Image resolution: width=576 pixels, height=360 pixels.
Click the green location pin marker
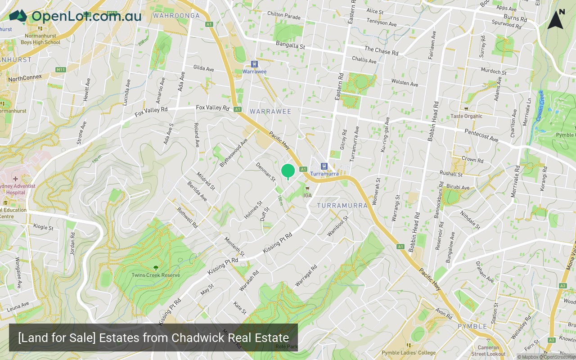(288, 171)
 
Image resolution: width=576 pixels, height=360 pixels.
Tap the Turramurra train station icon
(324, 166)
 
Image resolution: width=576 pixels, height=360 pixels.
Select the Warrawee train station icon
(254, 64)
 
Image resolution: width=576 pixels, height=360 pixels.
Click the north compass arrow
(556, 20)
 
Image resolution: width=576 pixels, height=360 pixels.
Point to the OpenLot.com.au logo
(75, 16)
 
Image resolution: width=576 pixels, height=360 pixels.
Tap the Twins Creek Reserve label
(156, 275)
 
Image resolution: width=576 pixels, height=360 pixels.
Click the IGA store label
(307, 195)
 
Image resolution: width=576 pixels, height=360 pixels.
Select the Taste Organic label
(466, 116)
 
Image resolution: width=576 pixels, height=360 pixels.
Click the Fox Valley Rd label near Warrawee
(212, 108)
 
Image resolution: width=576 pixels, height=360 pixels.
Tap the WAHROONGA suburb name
(176, 16)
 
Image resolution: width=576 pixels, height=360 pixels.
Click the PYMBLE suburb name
(472, 326)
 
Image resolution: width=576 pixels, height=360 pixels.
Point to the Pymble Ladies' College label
(409, 353)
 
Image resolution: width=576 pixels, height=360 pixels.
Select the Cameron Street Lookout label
(488, 351)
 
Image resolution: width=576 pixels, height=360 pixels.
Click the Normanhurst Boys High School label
(40, 39)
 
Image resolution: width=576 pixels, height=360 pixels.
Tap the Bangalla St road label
(290, 45)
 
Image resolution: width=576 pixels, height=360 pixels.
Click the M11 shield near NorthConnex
(61, 70)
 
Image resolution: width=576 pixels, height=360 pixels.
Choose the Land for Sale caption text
(153, 337)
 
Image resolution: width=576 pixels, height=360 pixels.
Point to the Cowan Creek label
(539, 106)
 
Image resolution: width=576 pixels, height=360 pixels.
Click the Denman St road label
(265, 171)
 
